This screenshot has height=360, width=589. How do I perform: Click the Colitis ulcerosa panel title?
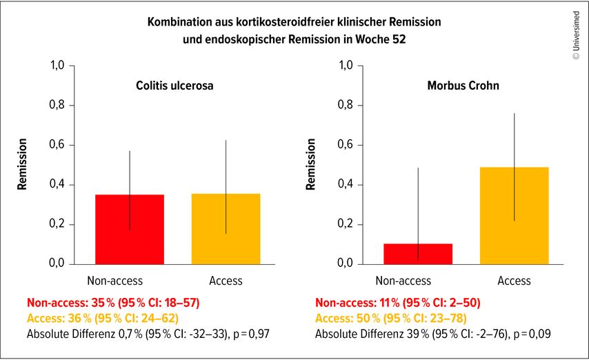click(x=174, y=86)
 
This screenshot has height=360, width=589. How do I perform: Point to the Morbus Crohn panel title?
click(x=463, y=86)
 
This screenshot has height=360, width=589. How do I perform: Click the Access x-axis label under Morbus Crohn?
click(x=515, y=281)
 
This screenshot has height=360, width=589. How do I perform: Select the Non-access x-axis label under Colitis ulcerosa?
click(x=114, y=281)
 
